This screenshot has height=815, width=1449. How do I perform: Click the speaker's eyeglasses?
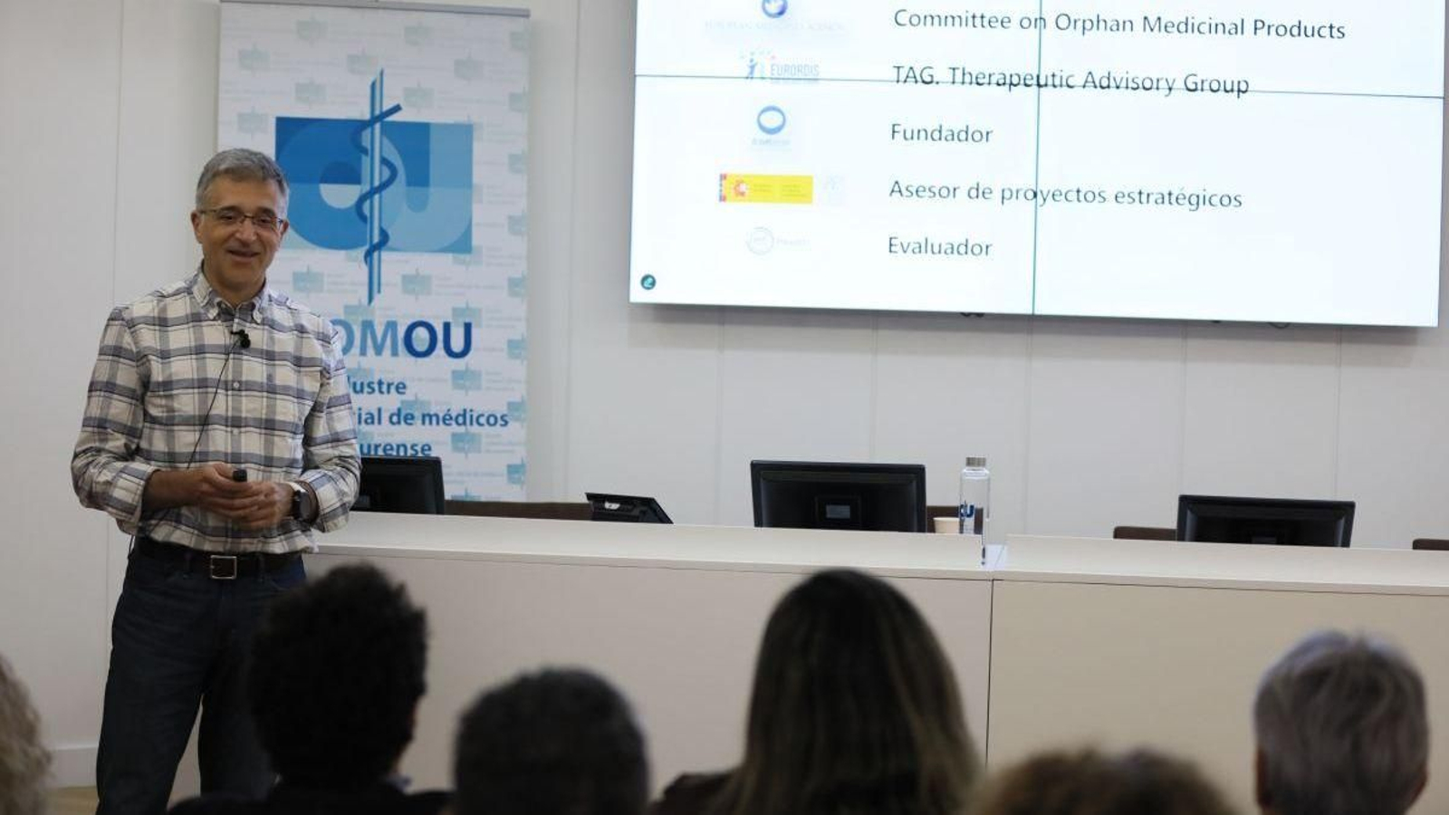pos(242,218)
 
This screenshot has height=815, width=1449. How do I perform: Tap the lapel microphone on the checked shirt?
pos(243,340)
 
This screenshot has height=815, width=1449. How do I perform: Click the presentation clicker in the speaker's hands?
pos(240,475)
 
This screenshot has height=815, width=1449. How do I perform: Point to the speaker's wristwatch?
pos(297,501)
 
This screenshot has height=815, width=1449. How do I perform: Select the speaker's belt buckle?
pos(223,566)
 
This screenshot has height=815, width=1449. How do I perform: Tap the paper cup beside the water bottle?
pos(945,524)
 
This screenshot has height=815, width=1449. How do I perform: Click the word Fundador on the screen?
pos(941,134)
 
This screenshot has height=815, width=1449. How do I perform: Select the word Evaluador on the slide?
pos(939,246)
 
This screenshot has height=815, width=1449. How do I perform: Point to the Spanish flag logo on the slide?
pos(765,188)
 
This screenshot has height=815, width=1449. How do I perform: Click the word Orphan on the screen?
pos(1093,24)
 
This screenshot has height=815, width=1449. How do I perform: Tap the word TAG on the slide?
pos(913,75)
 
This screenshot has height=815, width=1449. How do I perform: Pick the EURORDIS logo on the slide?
pos(781,68)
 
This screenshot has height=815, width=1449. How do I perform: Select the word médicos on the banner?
pos(463,418)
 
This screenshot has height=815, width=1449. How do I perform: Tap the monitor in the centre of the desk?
pos(838,495)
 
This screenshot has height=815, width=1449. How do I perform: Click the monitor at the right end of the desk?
pos(1264,522)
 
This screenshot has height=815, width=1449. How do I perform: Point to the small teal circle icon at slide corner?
pos(648,283)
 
